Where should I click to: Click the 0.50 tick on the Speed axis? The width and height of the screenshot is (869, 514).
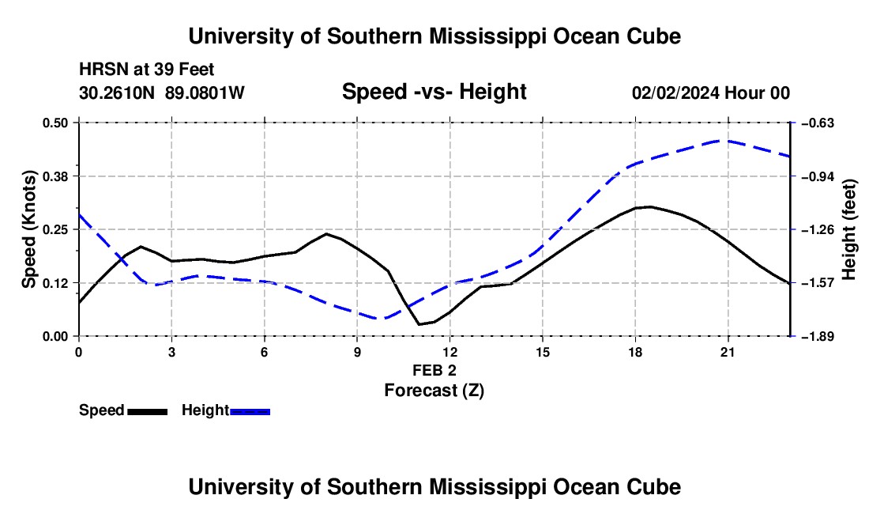(55, 123)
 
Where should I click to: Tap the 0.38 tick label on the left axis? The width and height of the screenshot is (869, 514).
(55, 176)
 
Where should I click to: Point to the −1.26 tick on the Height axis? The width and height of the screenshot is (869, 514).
(818, 229)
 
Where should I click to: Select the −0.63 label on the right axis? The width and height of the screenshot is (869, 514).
(818, 123)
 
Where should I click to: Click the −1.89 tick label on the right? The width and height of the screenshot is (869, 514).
(818, 336)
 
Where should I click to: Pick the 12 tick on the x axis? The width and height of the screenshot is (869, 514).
(450, 352)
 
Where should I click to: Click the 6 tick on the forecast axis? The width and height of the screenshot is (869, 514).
(265, 352)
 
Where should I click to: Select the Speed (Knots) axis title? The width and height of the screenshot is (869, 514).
(28, 229)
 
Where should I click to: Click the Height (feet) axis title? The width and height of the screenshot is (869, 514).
(849, 229)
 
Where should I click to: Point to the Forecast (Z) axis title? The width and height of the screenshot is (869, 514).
(434, 391)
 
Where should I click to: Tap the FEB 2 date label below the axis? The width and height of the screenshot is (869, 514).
(434, 370)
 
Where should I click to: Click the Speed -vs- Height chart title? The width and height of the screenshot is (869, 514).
(434, 92)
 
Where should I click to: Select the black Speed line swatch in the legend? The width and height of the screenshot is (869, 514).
(148, 411)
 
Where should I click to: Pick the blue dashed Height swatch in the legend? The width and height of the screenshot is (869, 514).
(250, 411)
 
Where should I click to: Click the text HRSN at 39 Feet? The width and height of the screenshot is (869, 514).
(146, 70)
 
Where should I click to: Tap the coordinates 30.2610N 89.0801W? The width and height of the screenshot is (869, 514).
(161, 93)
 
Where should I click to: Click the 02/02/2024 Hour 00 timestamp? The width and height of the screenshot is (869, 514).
(710, 93)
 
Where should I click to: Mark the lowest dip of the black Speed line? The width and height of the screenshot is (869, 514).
(419, 324)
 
